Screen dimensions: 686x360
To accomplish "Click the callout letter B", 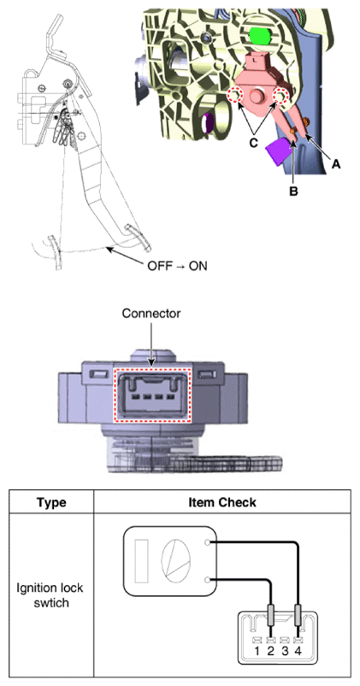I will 292,192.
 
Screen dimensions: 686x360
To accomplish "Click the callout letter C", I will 252,143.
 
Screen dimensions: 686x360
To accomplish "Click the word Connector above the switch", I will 151,314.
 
